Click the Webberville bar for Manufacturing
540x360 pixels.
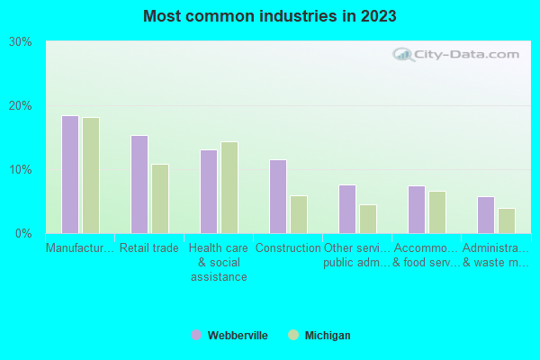coord(70,175)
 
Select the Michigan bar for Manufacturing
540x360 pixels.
coord(91,175)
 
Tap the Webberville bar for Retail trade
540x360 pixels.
coord(139,184)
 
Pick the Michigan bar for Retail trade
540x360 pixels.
coord(160,199)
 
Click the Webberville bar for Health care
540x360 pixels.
coord(209,192)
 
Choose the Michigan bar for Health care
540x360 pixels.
coord(229,187)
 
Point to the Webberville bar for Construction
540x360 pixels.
coord(278,196)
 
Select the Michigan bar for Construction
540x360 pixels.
coord(299,214)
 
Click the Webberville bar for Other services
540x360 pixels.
coord(347,209)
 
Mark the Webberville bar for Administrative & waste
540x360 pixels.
coord(486,215)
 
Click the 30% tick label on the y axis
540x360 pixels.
coord(21,42)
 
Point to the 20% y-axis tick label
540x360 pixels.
coord(21,106)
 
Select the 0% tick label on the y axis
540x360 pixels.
coord(23,234)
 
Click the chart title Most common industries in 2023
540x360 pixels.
coord(269,16)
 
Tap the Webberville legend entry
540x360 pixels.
coord(229,336)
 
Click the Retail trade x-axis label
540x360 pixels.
coord(149,248)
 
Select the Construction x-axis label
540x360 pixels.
coord(288,248)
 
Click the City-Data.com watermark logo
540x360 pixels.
coord(459,54)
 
